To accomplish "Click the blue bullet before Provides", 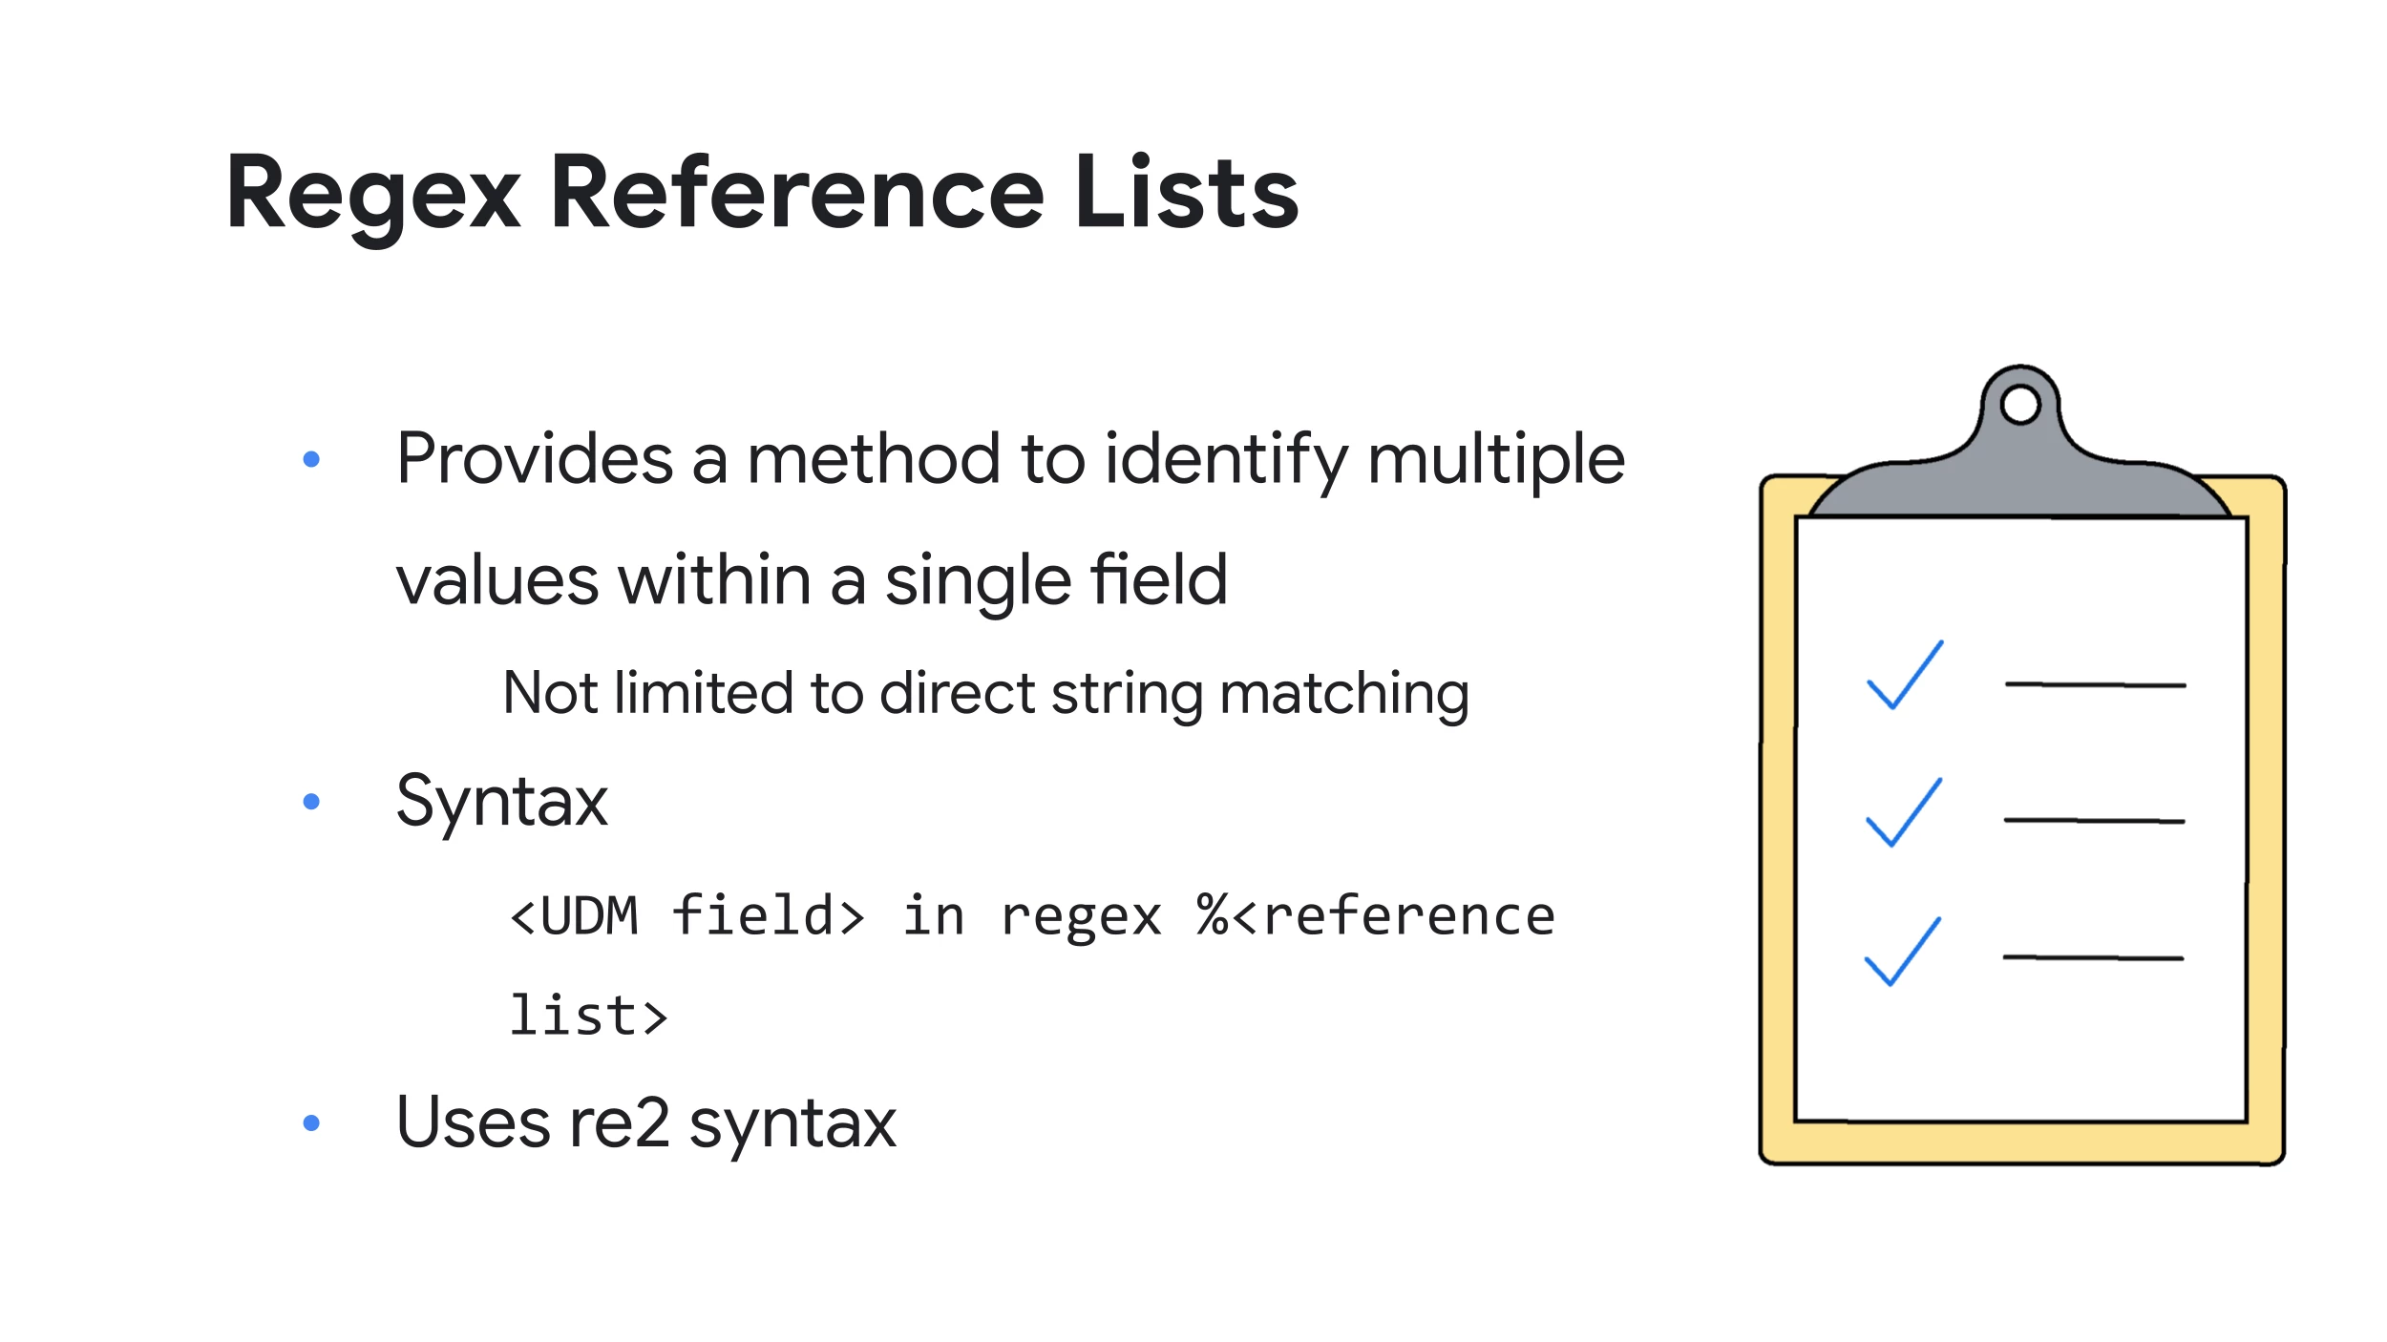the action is (x=310, y=459).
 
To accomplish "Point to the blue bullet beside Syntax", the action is (x=310, y=801).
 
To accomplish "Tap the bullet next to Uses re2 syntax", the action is (x=310, y=1122).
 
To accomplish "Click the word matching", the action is (x=1344, y=694).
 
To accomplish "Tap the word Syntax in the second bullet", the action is (x=502, y=803).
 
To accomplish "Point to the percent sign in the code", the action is (x=1213, y=915).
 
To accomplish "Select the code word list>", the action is (x=588, y=1015).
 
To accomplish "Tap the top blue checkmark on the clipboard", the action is (x=1905, y=675).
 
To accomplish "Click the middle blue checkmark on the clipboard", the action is (x=1904, y=812).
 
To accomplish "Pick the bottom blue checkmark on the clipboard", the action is (x=1903, y=951).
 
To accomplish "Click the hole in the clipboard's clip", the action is (x=2020, y=404).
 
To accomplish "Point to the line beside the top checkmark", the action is (x=2095, y=684).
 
